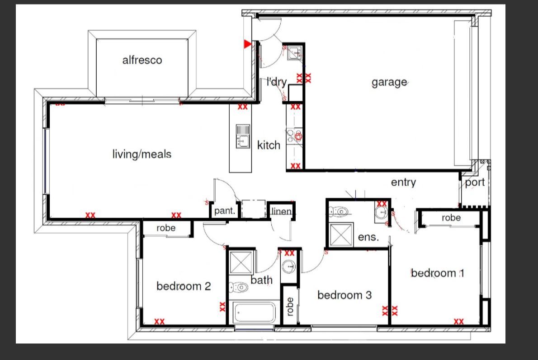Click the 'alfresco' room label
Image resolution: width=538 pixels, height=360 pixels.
[142, 60]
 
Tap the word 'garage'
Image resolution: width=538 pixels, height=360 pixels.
[389, 83]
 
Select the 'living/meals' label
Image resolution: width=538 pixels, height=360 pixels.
[142, 154]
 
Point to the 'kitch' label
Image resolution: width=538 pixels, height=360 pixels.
[269, 145]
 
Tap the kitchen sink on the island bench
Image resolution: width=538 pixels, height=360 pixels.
[243, 136]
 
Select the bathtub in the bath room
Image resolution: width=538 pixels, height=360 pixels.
[254, 312]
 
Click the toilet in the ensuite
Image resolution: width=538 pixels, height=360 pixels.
[339, 211]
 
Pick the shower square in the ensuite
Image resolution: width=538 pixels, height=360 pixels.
[341, 235]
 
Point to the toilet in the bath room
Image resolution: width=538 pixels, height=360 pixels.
[238, 287]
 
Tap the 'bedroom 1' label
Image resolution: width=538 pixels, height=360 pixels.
[438, 273]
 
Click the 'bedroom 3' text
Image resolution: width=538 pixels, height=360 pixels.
[345, 295]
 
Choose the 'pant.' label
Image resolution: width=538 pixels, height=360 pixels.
[225, 210]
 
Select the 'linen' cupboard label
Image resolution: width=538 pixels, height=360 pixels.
[281, 211]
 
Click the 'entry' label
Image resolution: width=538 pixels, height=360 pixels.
[403, 182]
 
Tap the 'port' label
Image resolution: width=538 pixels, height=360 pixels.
[475, 183]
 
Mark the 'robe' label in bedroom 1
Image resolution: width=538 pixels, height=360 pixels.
[451, 218]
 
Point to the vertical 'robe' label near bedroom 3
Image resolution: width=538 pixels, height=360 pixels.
[290, 307]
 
